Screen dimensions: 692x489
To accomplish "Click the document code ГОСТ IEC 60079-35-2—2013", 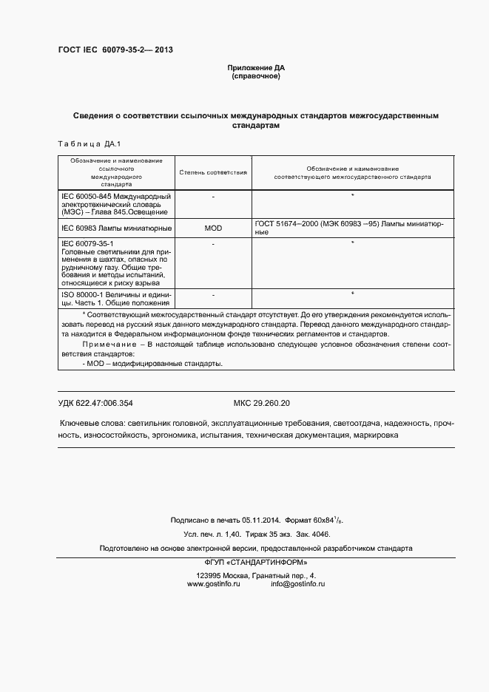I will (115, 51).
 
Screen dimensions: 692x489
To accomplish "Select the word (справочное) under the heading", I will (256, 76).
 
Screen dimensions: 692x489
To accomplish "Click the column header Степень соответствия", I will (213, 172).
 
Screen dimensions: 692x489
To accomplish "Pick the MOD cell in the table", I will (213, 228).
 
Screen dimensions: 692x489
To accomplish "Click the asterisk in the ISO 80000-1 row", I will (353, 294).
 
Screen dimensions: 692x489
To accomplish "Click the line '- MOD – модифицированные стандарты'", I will (152, 364).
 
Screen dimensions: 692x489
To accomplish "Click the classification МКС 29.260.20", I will (262, 403).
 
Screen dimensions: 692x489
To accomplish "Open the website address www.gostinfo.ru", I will (215, 584).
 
